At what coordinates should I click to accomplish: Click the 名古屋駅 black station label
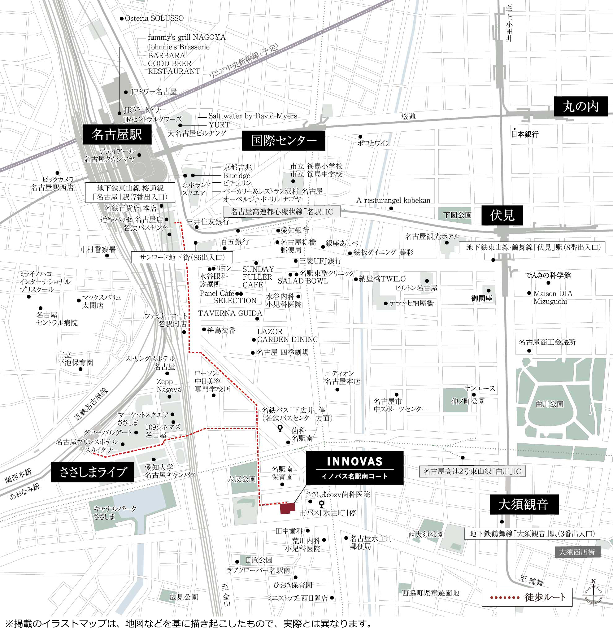tap(117, 134)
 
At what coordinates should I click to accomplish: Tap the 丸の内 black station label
tap(580, 107)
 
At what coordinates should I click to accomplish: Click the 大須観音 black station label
tap(524, 504)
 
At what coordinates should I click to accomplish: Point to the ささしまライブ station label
tap(93, 472)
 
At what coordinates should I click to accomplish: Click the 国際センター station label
tap(283, 141)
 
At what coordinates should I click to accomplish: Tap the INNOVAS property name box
tap(354, 468)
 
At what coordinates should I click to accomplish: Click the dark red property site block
tap(288, 508)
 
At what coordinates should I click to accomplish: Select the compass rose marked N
tap(593, 595)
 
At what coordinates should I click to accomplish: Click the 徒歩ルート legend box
tap(527, 597)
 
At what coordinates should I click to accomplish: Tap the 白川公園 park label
tap(550, 404)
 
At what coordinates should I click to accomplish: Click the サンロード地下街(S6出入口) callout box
tap(182, 257)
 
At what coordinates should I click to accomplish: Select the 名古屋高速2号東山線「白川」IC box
tap(472, 471)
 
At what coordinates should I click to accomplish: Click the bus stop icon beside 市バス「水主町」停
tap(321, 503)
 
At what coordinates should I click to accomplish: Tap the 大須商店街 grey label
tap(577, 552)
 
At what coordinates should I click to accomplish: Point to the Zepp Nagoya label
tap(168, 386)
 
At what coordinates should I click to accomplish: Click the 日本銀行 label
tap(525, 134)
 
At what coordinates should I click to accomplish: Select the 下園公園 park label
tap(457, 215)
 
